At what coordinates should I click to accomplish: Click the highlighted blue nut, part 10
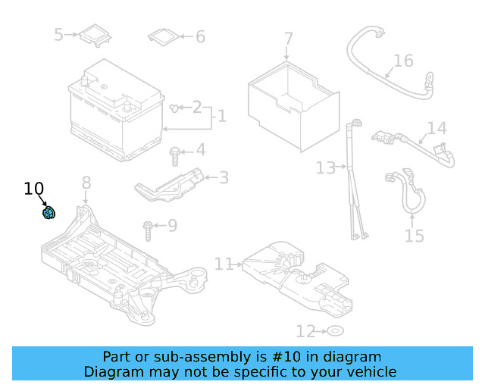(x=48, y=213)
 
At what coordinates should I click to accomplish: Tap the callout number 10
(x=34, y=189)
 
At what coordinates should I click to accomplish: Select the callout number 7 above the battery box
(x=288, y=39)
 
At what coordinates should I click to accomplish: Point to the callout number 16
(x=403, y=61)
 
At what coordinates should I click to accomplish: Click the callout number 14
(x=436, y=128)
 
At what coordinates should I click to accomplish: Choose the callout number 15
(x=414, y=236)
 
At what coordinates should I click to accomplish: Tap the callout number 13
(x=325, y=167)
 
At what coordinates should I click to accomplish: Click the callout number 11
(x=224, y=264)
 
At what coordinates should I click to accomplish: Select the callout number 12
(x=305, y=331)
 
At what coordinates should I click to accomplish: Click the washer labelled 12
(x=334, y=331)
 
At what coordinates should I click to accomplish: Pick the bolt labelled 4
(x=175, y=155)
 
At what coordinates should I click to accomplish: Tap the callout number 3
(x=223, y=178)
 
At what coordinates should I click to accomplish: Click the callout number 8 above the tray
(x=86, y=183)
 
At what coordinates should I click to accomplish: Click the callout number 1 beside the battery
(x=221, y=117)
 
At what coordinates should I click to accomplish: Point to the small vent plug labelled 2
(x=175, y=108)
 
